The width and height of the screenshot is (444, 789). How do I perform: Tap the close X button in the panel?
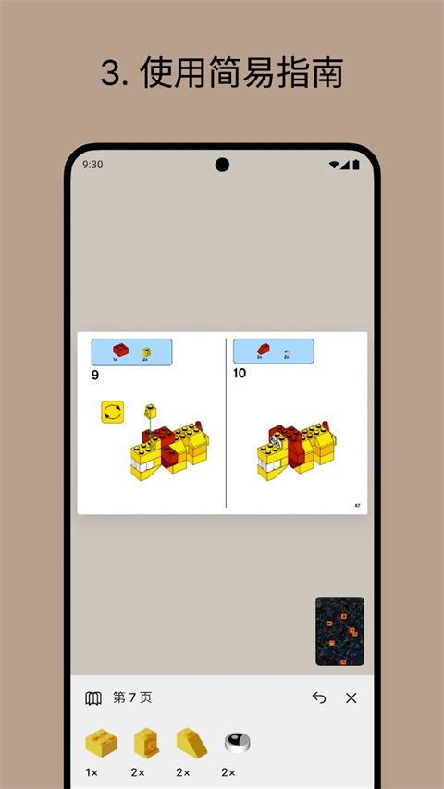[351, 698]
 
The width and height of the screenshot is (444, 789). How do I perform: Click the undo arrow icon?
[319, 698]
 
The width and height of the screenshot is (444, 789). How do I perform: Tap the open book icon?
[93, 698]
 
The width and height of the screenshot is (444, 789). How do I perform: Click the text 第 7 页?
[132, 698]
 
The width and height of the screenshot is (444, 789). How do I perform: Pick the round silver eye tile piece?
[237, 742]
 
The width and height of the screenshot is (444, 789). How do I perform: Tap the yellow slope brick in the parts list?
[191, 742]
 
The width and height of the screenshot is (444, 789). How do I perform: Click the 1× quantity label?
[92, 771]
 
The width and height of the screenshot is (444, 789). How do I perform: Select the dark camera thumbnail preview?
[339, 631]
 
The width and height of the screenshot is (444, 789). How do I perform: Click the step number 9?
[95, 376]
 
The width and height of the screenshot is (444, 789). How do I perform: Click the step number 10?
[240, 374]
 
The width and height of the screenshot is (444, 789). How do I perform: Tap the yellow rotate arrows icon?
[113, 412]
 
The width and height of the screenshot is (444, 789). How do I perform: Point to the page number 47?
[357, 506]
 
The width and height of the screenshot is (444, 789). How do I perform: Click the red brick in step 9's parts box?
[119, 350]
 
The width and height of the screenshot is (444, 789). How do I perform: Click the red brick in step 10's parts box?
[264, 349]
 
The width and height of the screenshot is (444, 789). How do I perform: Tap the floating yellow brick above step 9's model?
[148, 411]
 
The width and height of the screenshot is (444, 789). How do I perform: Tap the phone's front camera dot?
[222, 165]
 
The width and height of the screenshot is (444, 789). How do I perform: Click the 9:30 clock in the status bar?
[92, 165]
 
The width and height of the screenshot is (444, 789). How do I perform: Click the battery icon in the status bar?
[355, 165]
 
